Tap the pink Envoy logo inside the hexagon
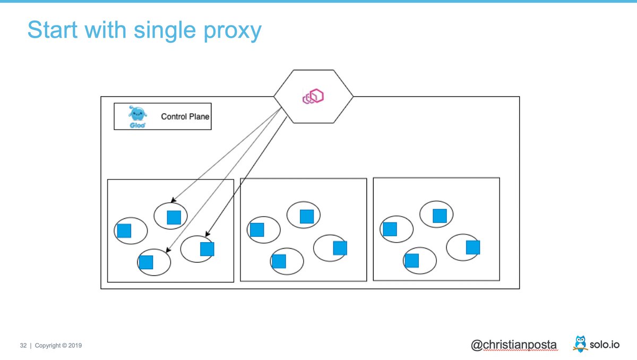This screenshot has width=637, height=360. click(x=313, y=97)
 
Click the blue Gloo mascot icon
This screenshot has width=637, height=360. click(x=137, y=116)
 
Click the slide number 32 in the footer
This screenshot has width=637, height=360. click(x=23, y=346)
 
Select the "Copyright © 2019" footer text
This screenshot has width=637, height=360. click(x=58, y=346)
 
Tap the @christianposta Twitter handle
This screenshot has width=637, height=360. click(x=514, y=345)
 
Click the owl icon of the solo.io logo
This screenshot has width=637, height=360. click(x=580, y=344)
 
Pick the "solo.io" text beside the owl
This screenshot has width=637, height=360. click(x=607, y=345)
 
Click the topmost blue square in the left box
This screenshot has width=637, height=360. click(x=174, y=217)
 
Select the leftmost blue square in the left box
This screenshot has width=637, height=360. click(x=124, y=230)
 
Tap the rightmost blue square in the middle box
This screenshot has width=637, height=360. click(x=340, y=248)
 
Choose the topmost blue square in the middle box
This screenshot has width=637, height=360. click(x=307, y=216)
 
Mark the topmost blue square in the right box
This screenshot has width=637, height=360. click(x=440, y=216)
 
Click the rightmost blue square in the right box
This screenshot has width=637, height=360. click(x=473, y=247)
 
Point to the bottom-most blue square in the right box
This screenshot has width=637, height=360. click(x=412, y=261)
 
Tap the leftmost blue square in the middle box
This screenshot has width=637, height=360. click(x=257, y=229)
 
